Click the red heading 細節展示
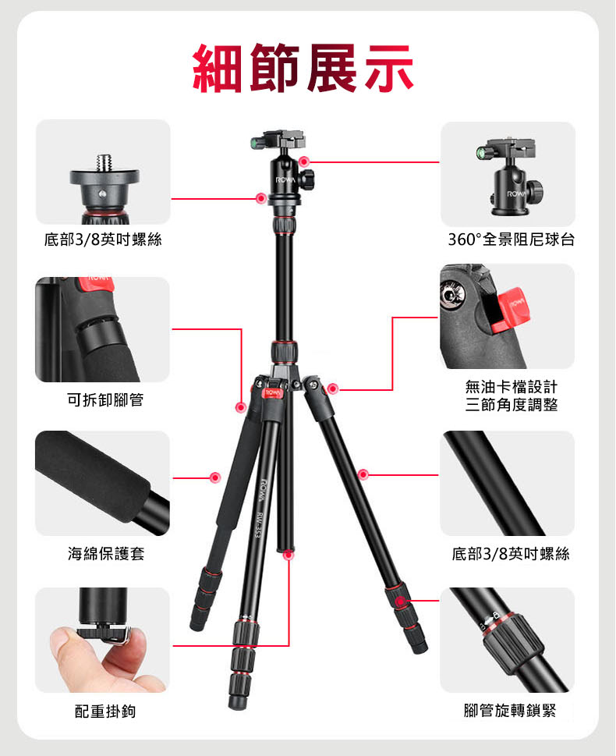point(303,68)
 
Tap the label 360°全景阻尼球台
point(511,240)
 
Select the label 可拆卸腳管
point(105,399)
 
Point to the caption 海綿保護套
point(106,553)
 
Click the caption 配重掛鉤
point(105,712)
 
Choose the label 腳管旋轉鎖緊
point(510,710)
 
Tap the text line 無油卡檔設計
point(511,387)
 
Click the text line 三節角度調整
point(511,404)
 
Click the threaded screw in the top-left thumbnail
point(104,162)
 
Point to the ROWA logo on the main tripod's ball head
point(285,180)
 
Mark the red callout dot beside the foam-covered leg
point(215,477)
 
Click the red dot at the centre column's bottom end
point(289,555)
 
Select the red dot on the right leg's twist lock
point(399,602)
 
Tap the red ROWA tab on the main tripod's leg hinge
point(272,394)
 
